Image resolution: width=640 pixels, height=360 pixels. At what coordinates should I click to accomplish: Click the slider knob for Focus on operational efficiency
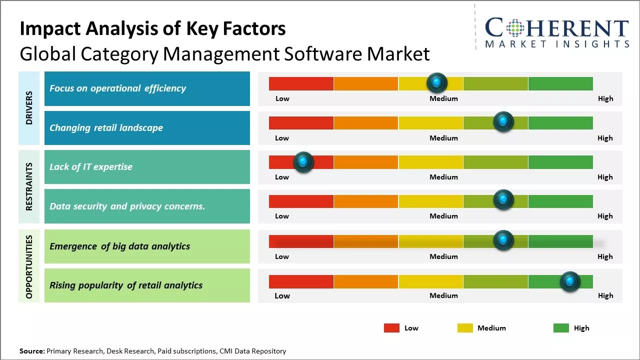(437, 82)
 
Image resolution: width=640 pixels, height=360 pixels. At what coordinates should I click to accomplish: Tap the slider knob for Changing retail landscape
(503, 121)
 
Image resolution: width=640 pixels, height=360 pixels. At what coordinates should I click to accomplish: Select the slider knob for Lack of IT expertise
(303, 162)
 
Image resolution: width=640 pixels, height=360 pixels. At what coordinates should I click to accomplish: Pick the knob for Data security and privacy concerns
(503, 200)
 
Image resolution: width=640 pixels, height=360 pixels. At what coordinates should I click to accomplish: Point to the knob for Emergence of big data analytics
(503, 240)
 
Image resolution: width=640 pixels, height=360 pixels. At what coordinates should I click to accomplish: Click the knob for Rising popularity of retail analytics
(569, 281)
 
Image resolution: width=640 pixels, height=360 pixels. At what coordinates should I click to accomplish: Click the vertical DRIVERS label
(29, 108)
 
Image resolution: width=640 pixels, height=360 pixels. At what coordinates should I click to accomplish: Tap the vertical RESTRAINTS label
(29, 186)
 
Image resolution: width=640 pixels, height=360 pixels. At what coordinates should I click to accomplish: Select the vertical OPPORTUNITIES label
(29, 266)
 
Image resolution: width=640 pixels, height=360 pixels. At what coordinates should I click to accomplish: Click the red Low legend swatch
(391, 328)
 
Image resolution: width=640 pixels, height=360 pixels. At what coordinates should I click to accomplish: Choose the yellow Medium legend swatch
(465, 328)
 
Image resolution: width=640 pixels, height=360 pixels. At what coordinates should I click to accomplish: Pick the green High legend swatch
(561, 328)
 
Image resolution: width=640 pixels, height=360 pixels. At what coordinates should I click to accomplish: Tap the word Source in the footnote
(31, 351)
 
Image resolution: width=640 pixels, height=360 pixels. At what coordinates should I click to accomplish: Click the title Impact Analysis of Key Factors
(152, 29)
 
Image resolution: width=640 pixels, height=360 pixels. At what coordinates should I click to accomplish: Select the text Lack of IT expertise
(91, 167)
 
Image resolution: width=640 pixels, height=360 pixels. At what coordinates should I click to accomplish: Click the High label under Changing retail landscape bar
(605, 138)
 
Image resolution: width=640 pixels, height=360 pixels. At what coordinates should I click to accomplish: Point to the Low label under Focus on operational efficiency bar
(282, 98)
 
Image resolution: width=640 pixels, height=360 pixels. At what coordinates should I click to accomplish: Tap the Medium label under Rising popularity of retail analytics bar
(443, 295)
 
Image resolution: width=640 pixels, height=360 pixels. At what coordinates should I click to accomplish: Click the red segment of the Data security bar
(301, 201)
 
